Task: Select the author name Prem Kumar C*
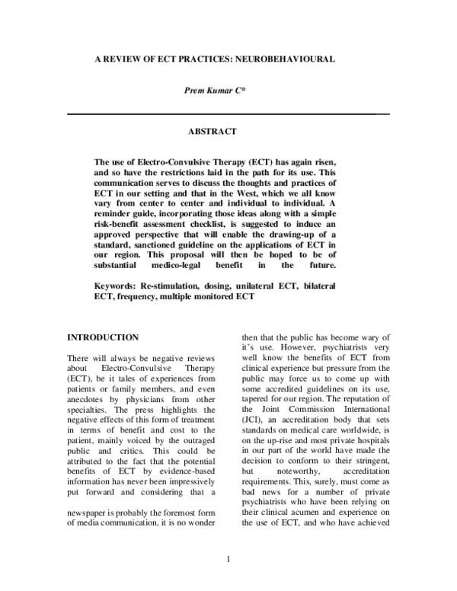coord(228,91)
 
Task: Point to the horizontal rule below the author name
coord(228,114)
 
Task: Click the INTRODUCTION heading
coord(104,337)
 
